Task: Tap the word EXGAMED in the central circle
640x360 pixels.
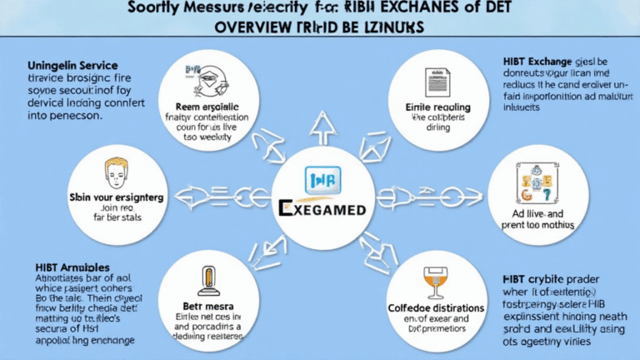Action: tap(320, 208)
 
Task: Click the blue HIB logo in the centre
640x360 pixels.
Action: tap(320, 179)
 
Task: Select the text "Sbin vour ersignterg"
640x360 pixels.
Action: tap(117, 198)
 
